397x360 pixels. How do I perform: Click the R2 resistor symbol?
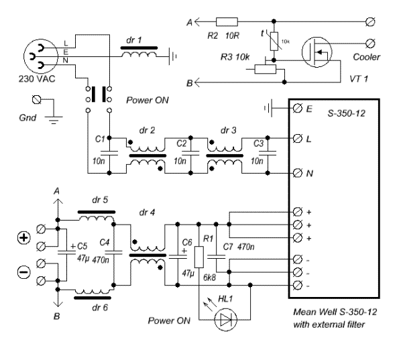(x=227, y=22)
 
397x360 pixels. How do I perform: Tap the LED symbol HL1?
(x=225, y=320)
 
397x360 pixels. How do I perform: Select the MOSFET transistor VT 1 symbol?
(x=317, y=52)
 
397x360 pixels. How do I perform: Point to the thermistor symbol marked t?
(x=274, y=41)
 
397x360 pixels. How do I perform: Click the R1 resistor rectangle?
(x=199, y=257)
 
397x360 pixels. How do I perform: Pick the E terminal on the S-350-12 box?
(x=298, y=109)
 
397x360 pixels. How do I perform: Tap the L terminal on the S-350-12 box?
(x=298, y=138)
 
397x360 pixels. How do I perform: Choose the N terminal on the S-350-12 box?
(x=298, y=173)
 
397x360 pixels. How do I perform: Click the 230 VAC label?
(x=37, y=78)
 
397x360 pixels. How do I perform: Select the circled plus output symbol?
(x=23, y=238)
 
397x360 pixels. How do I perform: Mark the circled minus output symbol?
(x=23, y=272)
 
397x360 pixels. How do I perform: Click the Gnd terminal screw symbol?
(x=37, y=99)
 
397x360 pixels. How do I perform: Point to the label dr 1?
(x=134, y=40)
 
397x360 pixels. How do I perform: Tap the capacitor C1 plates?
(x=109, y=153)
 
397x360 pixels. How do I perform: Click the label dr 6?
(x=100, y=308)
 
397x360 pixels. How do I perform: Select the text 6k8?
(x=210, y=278)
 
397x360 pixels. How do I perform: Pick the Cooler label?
(x=366, y=57)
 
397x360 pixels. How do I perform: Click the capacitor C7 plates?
(x=216, y=257)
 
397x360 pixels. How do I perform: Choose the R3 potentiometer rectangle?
(x=265, y=69)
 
